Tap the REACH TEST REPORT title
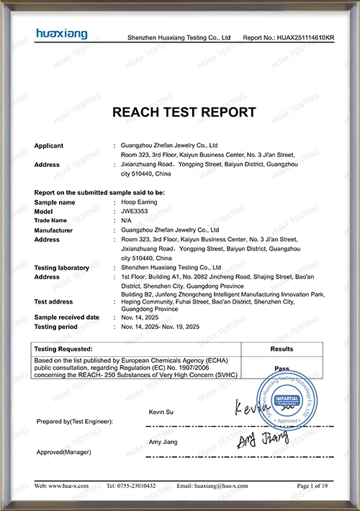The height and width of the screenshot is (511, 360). click(184, 112)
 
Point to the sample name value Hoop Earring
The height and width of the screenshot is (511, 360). click(140, 202)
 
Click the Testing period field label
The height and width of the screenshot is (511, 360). click(57, 326)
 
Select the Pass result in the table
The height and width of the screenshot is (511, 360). click(282, 368)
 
